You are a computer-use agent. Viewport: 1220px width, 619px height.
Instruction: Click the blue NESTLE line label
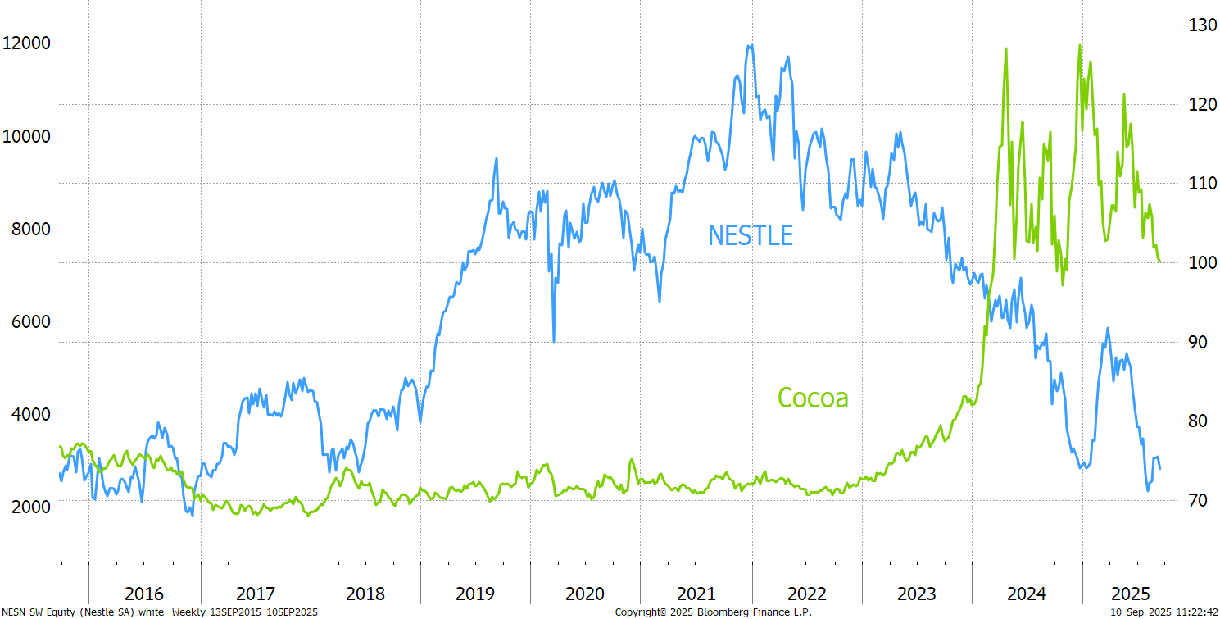point(751,235)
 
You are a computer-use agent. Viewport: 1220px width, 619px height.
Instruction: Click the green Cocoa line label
point(813,398)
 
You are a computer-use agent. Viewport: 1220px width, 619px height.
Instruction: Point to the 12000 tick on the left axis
point(26,43)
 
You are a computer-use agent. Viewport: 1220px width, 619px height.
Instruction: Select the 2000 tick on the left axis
point(31,506)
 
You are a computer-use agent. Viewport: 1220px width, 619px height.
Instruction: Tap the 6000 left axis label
point(31,321)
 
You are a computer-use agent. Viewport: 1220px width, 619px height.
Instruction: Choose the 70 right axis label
point(1197,500)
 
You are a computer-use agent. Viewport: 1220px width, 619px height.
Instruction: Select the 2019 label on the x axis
point(475,594)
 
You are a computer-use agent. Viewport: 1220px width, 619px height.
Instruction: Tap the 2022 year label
point(806,594)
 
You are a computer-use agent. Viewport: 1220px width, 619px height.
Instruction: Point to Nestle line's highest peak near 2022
point(750,46)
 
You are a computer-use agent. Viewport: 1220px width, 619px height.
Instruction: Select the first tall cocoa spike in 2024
point(1005,49)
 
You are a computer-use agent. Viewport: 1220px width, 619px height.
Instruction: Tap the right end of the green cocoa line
point(1160,262)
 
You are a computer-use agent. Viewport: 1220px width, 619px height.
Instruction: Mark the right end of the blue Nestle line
point(1160,469)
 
